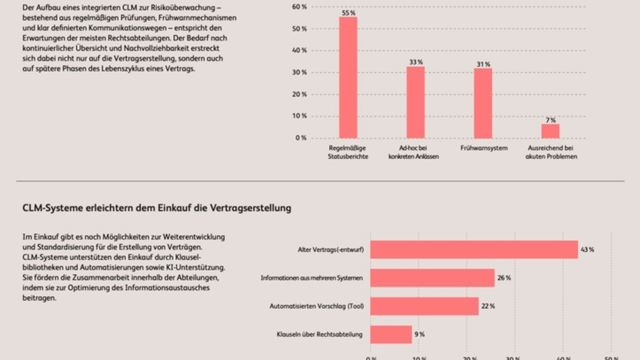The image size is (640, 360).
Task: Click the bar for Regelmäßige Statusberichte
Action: [x=348, y=77]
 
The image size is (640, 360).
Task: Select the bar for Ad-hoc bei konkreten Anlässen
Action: [x=415, y=102]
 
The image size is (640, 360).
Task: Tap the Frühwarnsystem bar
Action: [x=483, y=103]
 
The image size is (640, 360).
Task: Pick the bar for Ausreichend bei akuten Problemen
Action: [x=550, y=131]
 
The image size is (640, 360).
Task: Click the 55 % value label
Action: [x=348, y=13]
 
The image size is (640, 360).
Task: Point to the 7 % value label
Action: [x=550, y=120]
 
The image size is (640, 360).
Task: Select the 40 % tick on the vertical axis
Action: [x=300, y=50]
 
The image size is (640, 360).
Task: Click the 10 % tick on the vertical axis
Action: [x=300, y=116]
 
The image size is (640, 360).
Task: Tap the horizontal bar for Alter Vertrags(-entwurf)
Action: [x=474, y=250]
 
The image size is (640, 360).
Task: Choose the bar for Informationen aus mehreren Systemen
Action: [x=432, y=278]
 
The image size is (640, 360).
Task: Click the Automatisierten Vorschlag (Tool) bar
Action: [x=424, y=306]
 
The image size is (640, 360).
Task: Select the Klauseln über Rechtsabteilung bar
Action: [x=391, y=334]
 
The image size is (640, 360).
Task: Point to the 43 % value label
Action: [x=588, y=250]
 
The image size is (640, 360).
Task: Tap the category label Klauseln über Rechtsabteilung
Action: [x=320, y=334]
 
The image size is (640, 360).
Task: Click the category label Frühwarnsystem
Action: [x=484, y=148]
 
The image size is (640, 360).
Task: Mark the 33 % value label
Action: [x=416, y=62]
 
